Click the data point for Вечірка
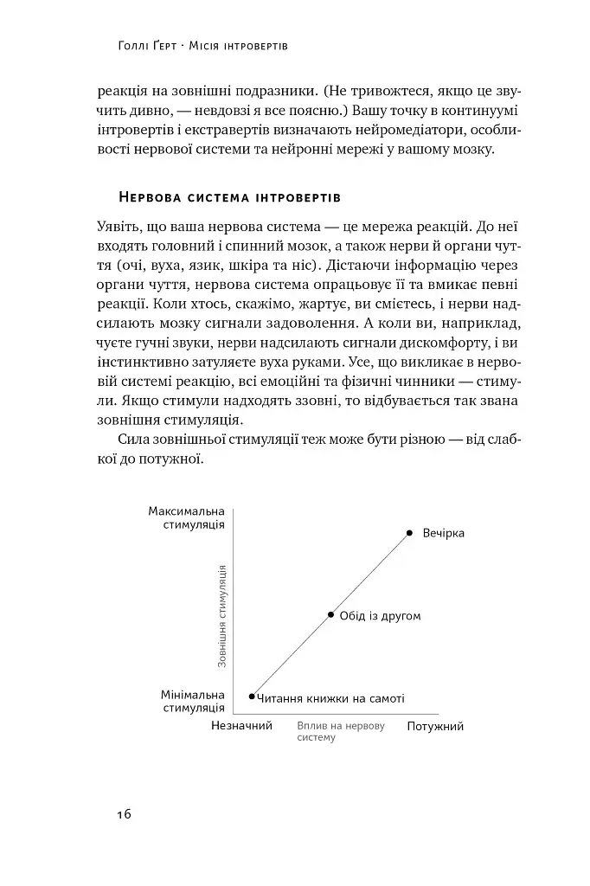pos(410,533)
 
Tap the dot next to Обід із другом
pos(330,615)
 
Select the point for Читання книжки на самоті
pos(252,696)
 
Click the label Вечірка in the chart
pos(444,533)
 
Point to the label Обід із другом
pos(380,616)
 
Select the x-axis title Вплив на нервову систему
pos(340,732)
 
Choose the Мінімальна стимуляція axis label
pos(192,702)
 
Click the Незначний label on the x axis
pos(241,726)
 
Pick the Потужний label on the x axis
pos(435,727)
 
